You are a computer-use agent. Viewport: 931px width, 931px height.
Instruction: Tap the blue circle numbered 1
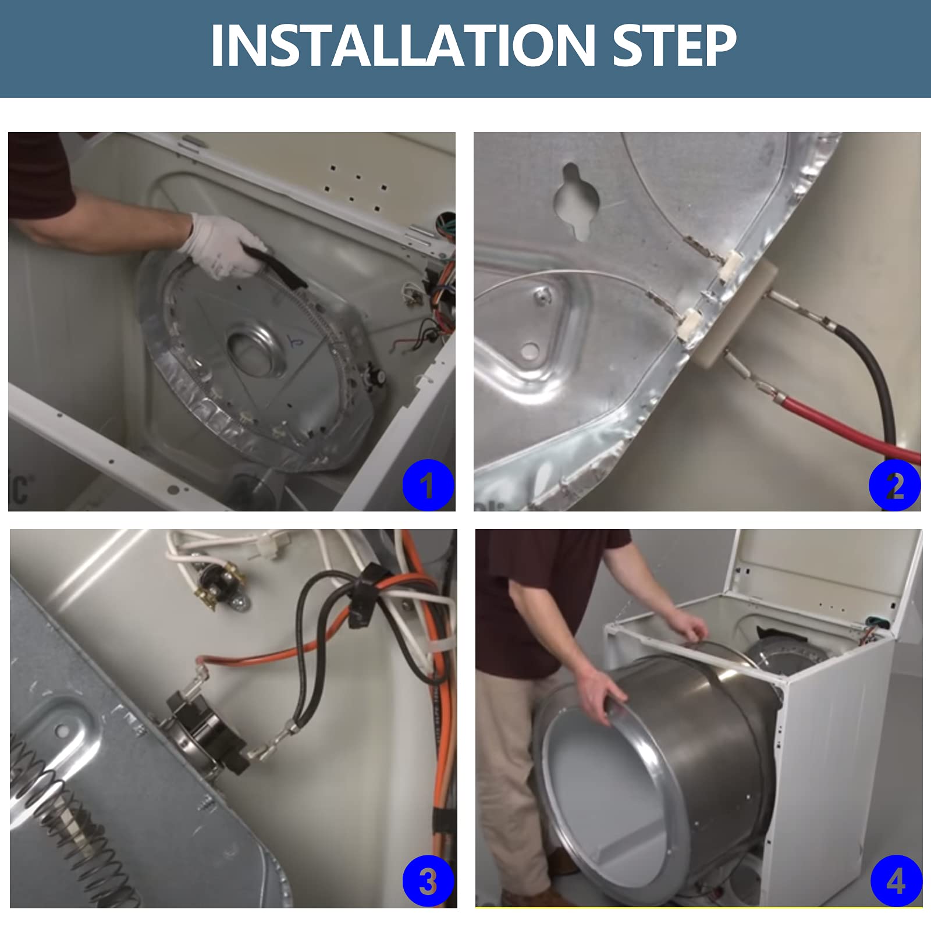pos(428,485)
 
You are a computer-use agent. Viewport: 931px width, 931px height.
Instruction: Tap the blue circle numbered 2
pos(894,485)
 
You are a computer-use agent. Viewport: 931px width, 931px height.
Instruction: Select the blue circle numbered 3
pos(428,882)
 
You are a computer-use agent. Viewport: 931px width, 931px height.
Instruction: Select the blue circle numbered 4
pos(896,882)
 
